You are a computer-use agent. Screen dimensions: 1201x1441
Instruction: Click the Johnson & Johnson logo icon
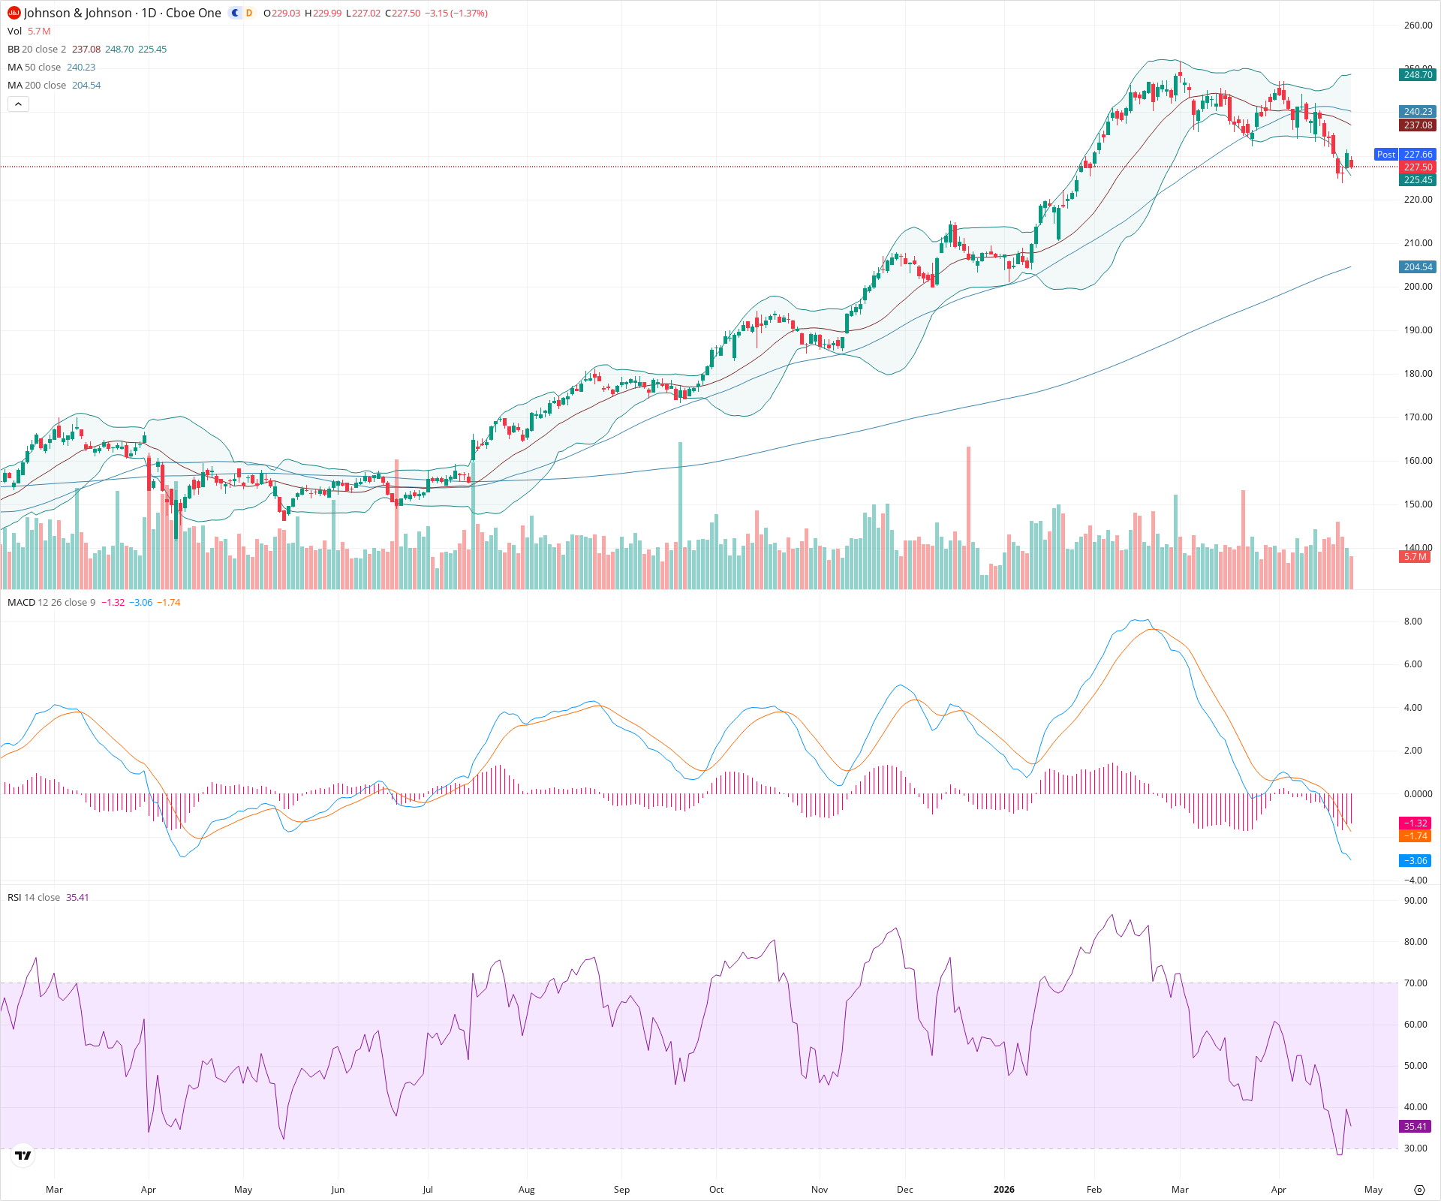pyautogui.click(x=14, y=13)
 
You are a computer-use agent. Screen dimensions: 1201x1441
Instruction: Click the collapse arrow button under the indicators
pyautogui.click(x=18, y=104)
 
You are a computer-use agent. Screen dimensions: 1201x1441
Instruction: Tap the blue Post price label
pyautogui.click(x=1385, y=154)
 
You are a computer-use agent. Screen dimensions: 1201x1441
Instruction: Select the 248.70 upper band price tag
pyautogui.click(x=1418, y=74)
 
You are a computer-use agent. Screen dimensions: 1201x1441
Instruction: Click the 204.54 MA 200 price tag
pyautogui.click(x=1418, y=266)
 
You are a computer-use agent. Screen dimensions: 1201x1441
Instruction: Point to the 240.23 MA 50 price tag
pyautogui.click(x=1418, y=111)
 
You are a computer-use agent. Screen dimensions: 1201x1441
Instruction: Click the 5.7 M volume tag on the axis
pyautogui.click(x=1415, y=556)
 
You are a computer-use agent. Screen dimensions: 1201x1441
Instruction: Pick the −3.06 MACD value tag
pyautogui.click(x=1415, y=860)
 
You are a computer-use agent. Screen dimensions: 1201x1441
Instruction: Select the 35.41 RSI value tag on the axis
pyautogui.click(x=1415, y=1126)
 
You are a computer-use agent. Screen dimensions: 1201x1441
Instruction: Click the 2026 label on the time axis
pyautogui.click(x=1003, y=1189)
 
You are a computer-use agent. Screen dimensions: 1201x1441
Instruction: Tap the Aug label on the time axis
pyautogui.click(x=526, y=1189)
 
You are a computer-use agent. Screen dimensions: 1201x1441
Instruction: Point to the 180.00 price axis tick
pyautogui.click(x=1418, y=373)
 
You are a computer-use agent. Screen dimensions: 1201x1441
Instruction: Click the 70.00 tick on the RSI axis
pyautogui.click(x=1415, y=983)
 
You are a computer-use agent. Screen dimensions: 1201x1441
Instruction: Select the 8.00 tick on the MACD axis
pyautogui.click(x=1412, y=621)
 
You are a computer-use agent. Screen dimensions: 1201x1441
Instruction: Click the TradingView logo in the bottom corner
pyautogui.click(x=23, y=1155)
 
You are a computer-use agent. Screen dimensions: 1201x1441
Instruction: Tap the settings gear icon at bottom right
pyautogui.click(x=1419, y=1190)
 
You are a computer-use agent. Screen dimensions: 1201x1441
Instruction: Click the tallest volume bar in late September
pyautogui.click(x=681, y=518)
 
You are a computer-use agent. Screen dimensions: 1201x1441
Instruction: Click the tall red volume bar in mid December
pyautogui.click(x=968, y=518)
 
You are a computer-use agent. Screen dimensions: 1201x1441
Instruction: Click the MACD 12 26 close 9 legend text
pyautogui.click(x=51, y=602)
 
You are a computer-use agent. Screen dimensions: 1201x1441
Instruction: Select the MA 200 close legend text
pyautogui.click(x=37, y=85)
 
